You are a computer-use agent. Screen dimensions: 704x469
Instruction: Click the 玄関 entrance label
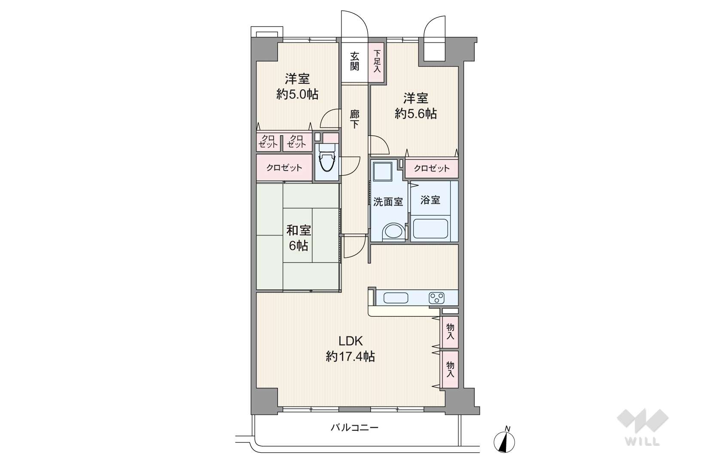point(354,61)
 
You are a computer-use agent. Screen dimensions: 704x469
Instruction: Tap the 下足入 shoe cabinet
point(377,63)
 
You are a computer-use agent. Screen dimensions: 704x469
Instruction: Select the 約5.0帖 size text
point(297,94)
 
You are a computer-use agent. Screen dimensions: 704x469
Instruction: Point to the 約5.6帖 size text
point(416,114)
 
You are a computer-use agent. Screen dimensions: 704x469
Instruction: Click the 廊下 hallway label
point(354,119)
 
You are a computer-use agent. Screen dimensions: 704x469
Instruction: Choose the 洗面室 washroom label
point(388,202)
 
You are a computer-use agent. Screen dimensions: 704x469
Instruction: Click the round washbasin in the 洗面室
point(393,233)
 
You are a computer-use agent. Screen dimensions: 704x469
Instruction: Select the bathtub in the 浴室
point(430,229)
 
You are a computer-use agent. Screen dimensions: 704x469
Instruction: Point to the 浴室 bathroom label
point(430,200)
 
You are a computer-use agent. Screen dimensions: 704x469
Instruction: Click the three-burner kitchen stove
point(436,298)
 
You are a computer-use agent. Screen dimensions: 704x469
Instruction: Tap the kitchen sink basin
point(396,298)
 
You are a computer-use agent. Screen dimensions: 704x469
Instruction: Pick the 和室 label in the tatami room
point(298,231)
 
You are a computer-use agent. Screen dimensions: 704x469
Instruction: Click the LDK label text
point(350,341)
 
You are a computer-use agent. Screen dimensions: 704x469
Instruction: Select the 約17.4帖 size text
point(350,357)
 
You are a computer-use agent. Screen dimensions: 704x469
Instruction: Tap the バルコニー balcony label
point(354,427)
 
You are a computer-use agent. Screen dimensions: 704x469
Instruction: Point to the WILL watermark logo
point(642,427)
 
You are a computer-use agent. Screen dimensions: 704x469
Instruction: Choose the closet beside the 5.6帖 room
point(432,168)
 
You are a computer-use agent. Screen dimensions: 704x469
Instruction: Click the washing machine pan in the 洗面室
point(382,171)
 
